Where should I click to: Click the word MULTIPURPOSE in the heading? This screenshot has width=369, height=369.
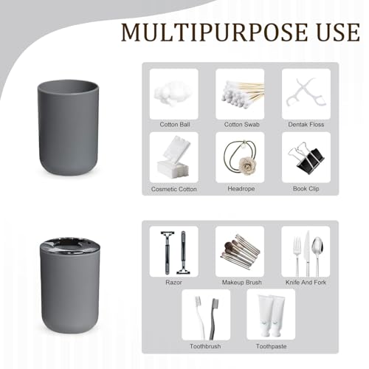pyautogui.click(x=214, y=32)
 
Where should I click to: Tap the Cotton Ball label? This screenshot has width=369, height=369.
pyautogui.click(x=175, y=125)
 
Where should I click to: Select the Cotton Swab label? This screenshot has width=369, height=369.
pyautogui.click(x=241, y=125)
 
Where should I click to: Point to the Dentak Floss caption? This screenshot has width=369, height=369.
pyautogui.click(x=306, y=125)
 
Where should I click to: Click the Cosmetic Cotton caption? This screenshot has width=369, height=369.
pyautogui.click(x=174, y=189)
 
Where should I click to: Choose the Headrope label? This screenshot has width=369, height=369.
pyautogui.click(x=241, y=189)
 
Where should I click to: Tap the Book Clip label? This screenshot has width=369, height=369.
pyautogui.click(x=306, y=189)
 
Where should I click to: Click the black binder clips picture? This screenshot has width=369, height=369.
pyautogui.click(x=306, y=158)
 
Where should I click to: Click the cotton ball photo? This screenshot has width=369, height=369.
pyautogui.click(x=173, y=94)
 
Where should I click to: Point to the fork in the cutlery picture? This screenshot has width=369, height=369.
pyautogui.click(x=297, y=256)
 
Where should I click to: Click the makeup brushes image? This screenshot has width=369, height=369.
pyautogui.click(x=241, y=252)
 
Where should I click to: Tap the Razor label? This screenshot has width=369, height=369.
pyautogui.click(x=173, y=283)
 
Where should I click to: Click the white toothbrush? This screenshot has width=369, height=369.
pyautogui.click(x=201, y=317)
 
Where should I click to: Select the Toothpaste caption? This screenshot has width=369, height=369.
pyautogui.click(x=271, y=346)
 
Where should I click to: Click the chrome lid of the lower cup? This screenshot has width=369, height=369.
pyautogui.click(x=70, y=245)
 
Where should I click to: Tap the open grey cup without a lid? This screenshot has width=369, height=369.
pyautogui.click(x=69, y=128)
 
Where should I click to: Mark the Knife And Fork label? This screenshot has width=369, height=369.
pyautogui.click(x=306, y=283)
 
